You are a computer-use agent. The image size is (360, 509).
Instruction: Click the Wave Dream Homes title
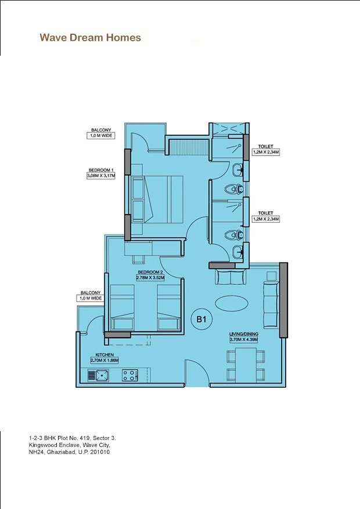pyautogui.click(x=90, y=38)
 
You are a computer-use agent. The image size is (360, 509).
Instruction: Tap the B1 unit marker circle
pyautogui.click(x=201, y=319)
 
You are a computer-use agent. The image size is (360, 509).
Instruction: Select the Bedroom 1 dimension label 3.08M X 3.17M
pyautogui.click(x=101, y=176)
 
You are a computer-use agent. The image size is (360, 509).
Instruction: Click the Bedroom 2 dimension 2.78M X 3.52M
pyautogui.click(x=150, y=278)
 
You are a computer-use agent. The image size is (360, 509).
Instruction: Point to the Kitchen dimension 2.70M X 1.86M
pyautogui.click(x=105, y=360)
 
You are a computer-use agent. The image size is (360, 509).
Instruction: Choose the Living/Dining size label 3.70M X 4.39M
pyautogui.click(x=244, y=340)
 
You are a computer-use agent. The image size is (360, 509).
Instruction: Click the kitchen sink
pyautogui.click(x=98, y=376)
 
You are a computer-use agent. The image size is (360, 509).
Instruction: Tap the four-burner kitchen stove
pyautogui.click(x=130, y=376)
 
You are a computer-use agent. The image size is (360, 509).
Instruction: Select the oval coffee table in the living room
pyautogui.click(x=232, y=303)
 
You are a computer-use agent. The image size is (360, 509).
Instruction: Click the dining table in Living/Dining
pyautogui.click(x=246, y=366)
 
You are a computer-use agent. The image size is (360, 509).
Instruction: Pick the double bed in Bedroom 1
pyautogui.click(x=157, y=199)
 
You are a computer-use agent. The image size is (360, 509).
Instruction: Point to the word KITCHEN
pyautogui.click(x=105, y=355)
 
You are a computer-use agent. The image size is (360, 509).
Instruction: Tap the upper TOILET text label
pyautogui.click(x=265, y=146)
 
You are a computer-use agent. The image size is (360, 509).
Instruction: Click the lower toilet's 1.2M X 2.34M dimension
pyautogui.click(x=266, y=219)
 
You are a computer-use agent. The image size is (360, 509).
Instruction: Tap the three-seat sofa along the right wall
pyautogui.click(x=271, y=305)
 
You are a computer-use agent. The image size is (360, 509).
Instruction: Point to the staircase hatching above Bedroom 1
pyautogui.click(x=189, y=147)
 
